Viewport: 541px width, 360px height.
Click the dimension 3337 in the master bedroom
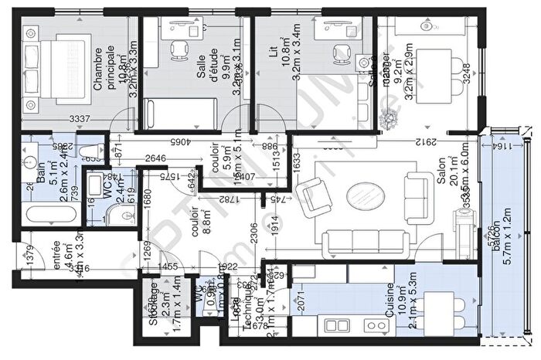click(77, 119)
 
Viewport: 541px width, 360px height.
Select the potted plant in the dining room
click(390, 118)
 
